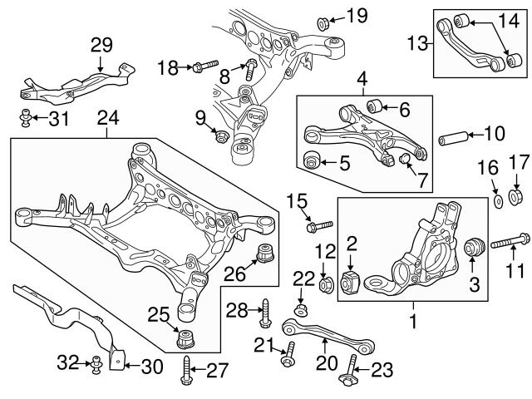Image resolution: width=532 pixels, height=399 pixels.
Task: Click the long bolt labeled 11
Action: [x=508, y=244]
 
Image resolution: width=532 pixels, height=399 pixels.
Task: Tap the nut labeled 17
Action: [x=515, y=198]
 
